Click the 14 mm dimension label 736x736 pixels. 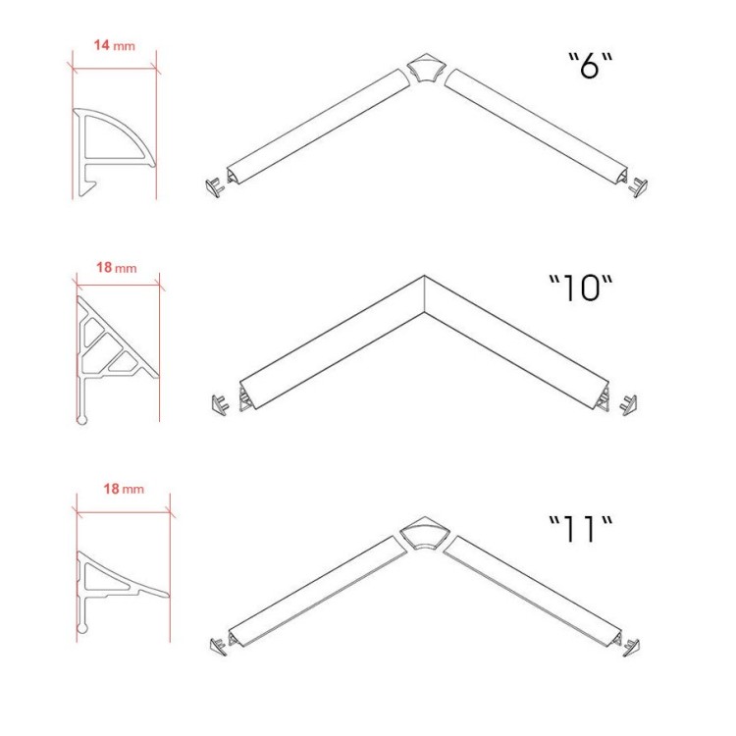click(x=115, y=45)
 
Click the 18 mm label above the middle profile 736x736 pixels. click(x=117, y=268)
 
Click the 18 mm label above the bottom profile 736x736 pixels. click(x=124, y=489)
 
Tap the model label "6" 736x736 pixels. click(x=591, y=65)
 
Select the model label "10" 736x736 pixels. click(x=581, y=288)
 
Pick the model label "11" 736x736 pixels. click(x=581, y=529)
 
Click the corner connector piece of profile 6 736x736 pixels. click(x=425, y=68)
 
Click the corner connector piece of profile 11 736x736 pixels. click(x=425, y=533)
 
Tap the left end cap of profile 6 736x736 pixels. click(x=214, y=187)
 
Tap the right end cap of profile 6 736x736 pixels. click(x=639, y=187)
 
